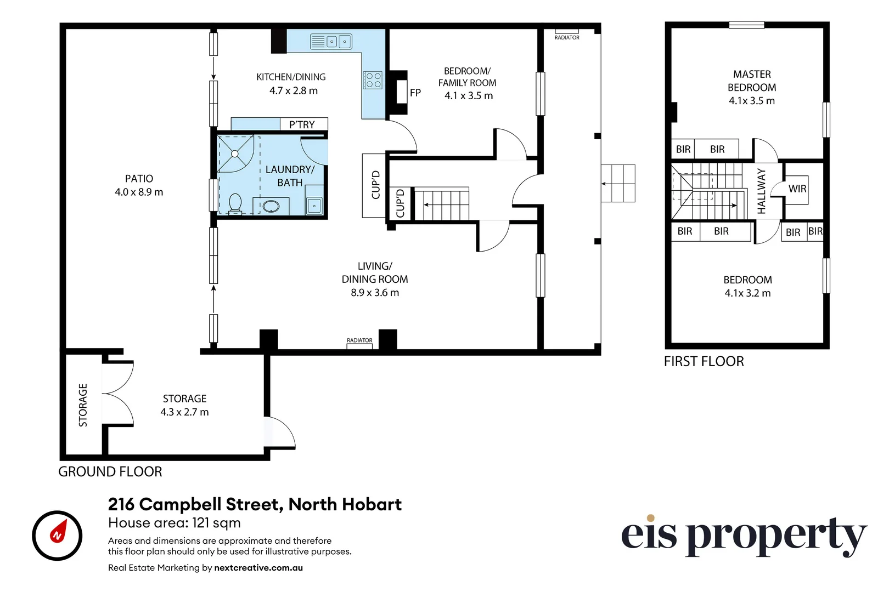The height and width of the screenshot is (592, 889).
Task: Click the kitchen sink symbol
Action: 331,42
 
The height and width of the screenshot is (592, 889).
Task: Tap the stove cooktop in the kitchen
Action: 373,80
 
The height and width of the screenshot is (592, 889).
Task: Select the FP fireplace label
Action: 415,93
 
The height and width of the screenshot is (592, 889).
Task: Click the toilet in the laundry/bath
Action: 235,203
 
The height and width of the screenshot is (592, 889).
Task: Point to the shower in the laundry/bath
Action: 235,153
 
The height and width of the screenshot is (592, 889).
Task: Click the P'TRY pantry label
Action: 302,125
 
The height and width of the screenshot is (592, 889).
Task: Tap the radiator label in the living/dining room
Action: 359,341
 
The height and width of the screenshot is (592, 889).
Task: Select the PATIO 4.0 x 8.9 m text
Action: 139,185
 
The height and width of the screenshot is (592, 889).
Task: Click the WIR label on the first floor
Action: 797,189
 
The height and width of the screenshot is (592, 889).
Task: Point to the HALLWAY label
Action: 762,191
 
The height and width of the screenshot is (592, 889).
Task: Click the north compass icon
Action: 57,535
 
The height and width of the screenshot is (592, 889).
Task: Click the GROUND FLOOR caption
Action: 110,472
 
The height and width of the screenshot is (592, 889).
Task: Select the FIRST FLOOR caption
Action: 704,362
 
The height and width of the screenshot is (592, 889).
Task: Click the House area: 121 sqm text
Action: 175,523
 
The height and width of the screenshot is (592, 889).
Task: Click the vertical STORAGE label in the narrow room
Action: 83,405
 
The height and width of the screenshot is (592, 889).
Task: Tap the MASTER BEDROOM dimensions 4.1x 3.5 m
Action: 752,101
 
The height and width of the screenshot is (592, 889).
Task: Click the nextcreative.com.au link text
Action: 258,568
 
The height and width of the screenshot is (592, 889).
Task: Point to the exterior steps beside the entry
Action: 618,183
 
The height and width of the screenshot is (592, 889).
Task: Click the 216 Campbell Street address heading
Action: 255,504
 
